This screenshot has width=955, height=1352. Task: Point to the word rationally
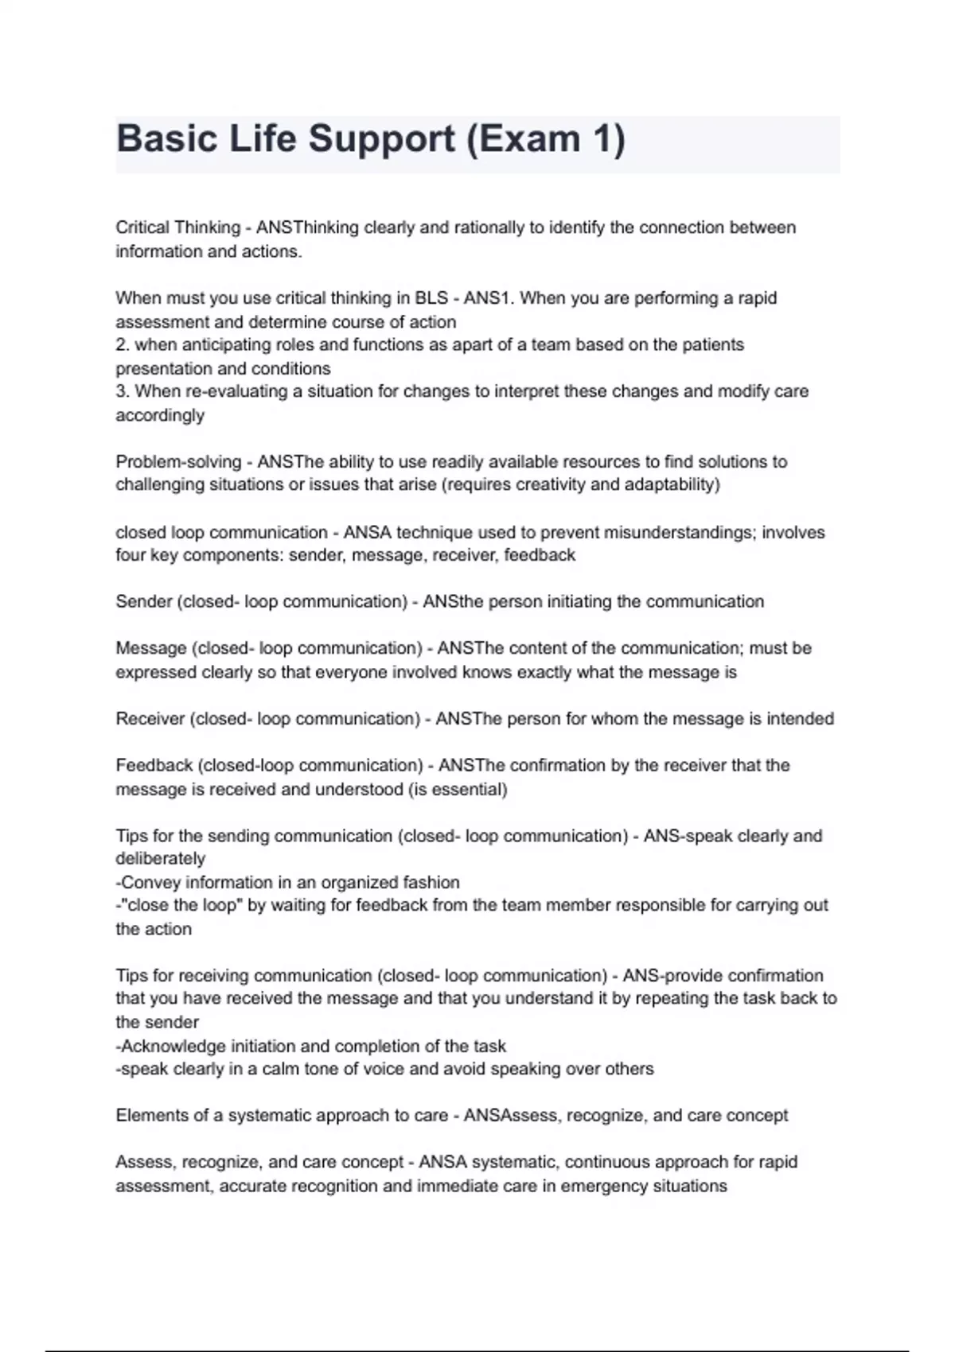pyautogui.click(x=488, y=227)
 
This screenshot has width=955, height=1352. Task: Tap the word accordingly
pyautogui.click(x=160, y=415)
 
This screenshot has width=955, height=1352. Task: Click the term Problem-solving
pyautogui.click(x=178, y=462)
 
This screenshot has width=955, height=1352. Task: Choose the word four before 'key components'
pyautogui.click(x=131, y=555)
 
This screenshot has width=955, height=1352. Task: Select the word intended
pyautogui.click(x=800, y=719)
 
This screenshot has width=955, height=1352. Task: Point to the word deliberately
pyautogui.click(x=160, y=859)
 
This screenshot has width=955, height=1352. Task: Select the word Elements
pyautogui.click(x=150, y=1116)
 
